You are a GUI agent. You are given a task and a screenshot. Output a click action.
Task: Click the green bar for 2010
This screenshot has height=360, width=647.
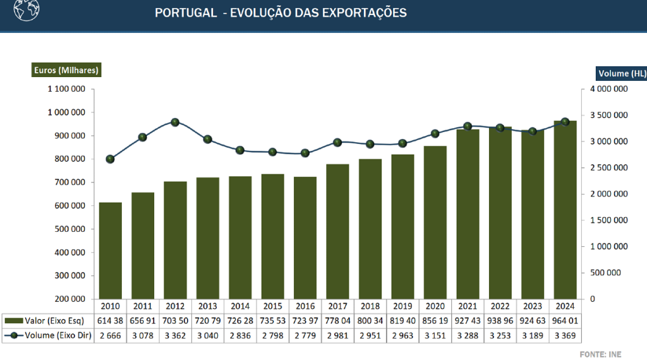(110, 251)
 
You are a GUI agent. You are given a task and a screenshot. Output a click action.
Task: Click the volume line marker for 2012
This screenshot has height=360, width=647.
(175, 123)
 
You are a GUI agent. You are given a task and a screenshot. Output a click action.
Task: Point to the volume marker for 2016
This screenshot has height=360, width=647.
(305, 153)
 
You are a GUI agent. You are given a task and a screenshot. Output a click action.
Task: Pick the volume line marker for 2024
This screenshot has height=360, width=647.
(565, 122)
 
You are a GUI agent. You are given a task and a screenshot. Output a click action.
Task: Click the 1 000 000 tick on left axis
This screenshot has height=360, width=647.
(66, 112)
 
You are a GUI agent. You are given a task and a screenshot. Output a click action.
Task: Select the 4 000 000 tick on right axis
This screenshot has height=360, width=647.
(608, 89)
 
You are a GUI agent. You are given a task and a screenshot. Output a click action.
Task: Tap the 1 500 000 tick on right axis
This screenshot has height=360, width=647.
(608, 220)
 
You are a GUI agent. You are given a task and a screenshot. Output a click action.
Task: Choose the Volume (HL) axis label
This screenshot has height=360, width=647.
(622, 73)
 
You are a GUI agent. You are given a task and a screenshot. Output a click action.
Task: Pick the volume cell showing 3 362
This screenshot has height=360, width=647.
(175, 335)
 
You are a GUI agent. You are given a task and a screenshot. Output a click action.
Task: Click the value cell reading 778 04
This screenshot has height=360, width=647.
(337, 321)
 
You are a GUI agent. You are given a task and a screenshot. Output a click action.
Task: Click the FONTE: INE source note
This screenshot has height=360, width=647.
(601, 353)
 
